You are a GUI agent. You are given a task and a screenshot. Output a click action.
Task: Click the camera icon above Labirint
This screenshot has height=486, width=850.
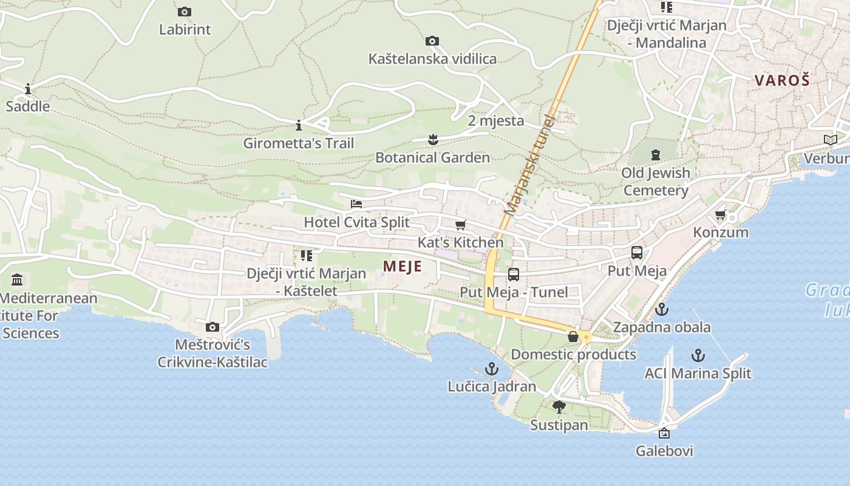click(185, 12)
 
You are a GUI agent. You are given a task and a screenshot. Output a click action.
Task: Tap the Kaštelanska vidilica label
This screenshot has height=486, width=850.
click(432, 59)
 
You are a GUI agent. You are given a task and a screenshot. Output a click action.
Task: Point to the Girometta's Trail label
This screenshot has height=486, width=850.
click(298, 143)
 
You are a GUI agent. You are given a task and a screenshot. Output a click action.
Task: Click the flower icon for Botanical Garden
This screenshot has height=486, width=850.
click(432, 140)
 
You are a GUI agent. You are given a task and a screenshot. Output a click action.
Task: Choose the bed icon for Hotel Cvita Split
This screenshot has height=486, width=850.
click(356, 204)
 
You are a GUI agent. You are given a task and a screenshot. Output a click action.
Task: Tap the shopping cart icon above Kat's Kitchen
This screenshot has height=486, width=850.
click(460, 225)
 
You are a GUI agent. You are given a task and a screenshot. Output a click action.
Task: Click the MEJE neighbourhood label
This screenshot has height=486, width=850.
click(402, 266)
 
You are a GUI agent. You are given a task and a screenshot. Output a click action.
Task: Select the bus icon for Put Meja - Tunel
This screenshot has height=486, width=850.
click(514, 275)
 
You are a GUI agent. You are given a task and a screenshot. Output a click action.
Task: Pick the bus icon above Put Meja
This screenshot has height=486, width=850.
click(637, 253)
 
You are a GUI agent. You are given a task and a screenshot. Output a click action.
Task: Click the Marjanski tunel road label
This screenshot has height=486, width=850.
click(530, 165)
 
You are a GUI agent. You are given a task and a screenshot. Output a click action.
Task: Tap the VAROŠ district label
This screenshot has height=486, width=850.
click(782, 80)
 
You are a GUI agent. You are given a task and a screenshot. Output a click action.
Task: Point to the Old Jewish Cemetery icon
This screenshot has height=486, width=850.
click(656, 155)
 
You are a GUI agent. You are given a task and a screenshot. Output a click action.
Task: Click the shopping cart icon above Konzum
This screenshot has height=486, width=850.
click(721, 214)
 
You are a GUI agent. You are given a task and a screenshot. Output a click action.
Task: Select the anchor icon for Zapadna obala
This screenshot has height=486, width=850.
click(662, 310)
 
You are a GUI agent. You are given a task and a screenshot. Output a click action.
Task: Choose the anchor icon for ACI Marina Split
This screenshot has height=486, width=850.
click(698, 355)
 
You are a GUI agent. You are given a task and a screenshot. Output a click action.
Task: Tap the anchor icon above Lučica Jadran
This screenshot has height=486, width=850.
click(492, 369)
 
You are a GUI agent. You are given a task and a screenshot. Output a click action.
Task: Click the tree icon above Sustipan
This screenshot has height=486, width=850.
click(559, 407)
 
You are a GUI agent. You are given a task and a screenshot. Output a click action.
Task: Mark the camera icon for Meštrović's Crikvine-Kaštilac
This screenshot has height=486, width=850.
click(212, 327)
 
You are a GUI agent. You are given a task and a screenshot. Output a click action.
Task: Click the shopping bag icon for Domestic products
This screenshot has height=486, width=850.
click(573, 337)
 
